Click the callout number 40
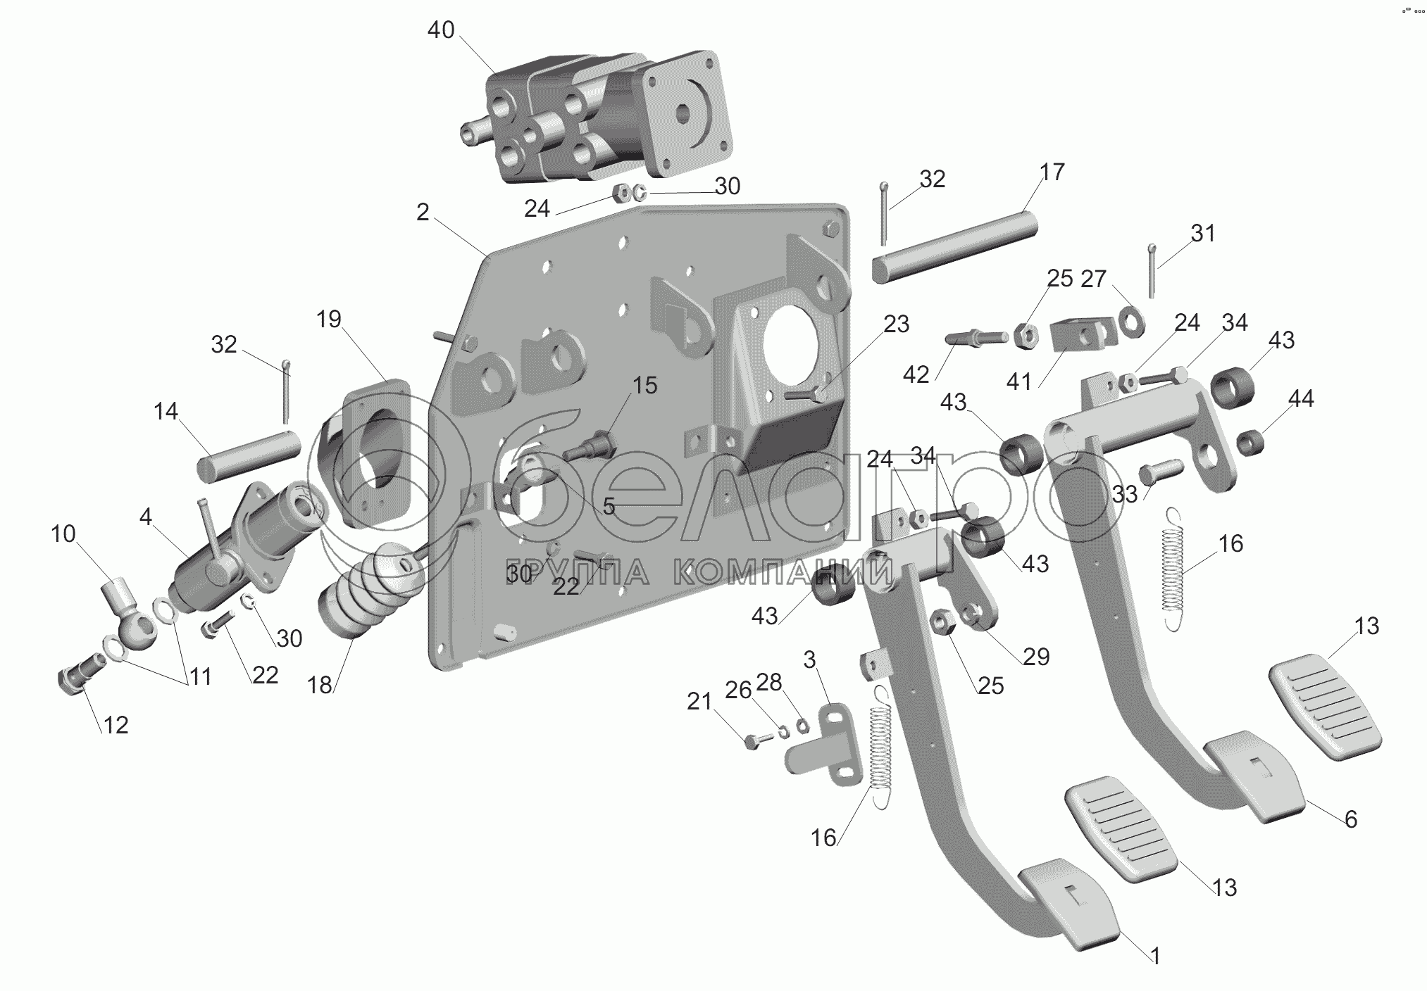click(x=441, y=30)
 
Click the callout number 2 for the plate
click(x=423, y=212)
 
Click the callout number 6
click(x=1350, y=819)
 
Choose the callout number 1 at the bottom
click(x=1155, y=955)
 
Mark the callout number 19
click(x=328, y=319)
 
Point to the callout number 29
click(x=1036, y=656)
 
